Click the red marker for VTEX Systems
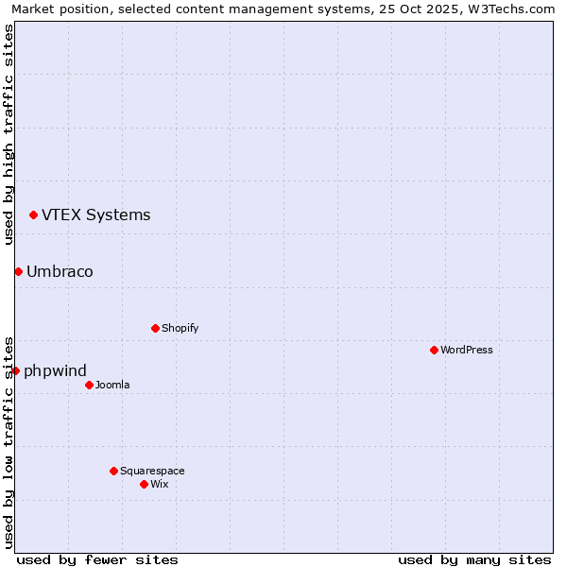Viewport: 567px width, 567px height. [33, 215]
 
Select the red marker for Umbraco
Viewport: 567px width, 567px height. [18, 272]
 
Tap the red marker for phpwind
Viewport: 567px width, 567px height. [15, 370]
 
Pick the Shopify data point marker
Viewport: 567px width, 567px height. [155, 328]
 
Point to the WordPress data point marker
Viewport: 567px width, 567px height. [434, 350]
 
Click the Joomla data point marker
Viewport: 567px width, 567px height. [89, 385]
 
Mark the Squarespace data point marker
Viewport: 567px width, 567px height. [113, 471]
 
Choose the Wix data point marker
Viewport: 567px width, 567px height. [144, 484]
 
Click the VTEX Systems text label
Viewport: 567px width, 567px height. [95, 215]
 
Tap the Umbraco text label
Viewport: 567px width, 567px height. [60, 272]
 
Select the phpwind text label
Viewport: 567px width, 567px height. [55, 370]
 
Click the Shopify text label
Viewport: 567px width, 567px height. [180, 328]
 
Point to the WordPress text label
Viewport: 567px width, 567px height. [466, 350]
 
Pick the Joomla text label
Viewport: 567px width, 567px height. [112, 385]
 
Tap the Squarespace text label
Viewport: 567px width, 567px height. [152, 471]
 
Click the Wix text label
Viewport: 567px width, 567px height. [159, 484]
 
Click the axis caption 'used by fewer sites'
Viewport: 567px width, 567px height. [97, 559]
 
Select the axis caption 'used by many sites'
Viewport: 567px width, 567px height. [474, 559]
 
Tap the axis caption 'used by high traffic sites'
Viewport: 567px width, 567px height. [9, 134]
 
